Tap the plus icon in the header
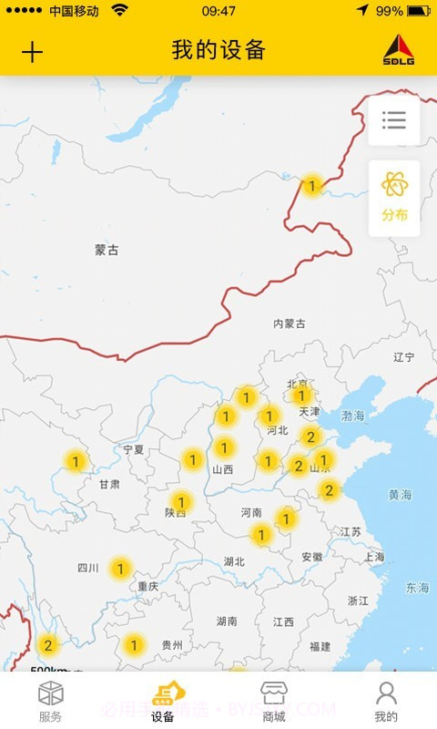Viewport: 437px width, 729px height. (32, 51)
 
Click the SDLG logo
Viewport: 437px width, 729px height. (398, 51)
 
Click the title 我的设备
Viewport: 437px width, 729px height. (218, 50)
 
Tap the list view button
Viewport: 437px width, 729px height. (394, 120)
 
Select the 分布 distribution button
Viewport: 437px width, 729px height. (394, 198)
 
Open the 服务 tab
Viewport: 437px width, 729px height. (51, 701)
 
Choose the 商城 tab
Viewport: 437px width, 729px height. (274, 701)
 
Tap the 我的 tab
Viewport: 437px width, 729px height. (386, 701)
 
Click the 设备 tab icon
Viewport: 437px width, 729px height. (164, 694)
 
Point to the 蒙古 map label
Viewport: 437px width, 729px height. (107, 250)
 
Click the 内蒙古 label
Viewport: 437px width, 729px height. (290, 323)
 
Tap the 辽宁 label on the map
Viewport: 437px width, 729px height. (403, 357)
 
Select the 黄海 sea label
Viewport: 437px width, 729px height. (401, 495)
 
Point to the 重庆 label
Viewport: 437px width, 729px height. (148, 587)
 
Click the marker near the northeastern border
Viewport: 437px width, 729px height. (312, 186)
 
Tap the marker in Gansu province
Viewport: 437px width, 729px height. (76, 461)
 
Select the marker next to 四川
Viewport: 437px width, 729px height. (119, 570)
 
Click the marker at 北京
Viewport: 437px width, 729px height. (301, 395)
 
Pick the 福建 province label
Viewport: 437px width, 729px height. (320, 646)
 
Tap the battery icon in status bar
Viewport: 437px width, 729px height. (419, 11)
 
